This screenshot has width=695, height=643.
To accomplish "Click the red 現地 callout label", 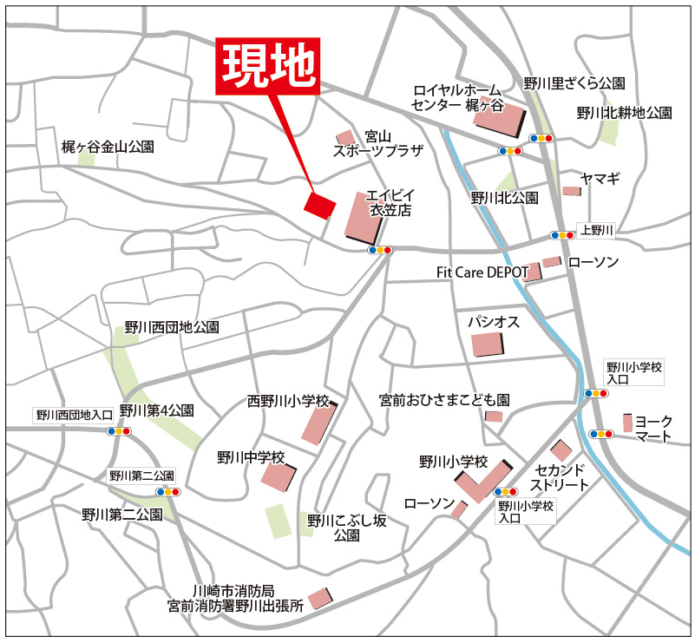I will tap(269, 67).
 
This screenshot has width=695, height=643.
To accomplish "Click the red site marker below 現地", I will tap(319, 205).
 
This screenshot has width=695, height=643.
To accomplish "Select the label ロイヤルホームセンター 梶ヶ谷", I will tap(457, 97).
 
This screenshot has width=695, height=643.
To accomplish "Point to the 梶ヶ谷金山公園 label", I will tap(107, 148).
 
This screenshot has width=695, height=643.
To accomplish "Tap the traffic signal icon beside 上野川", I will tap(562, 235).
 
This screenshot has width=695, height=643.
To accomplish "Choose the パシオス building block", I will tap(487, 344).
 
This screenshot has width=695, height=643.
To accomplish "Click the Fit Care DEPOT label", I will tap(482, 272).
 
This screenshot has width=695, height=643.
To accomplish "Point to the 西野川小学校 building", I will tap(318, 424).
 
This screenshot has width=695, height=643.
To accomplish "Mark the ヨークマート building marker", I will tap(627, 423).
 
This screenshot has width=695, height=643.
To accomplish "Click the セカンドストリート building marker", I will tap(561, 450).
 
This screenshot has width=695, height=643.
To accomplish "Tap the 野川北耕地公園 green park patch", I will tap(610, 131).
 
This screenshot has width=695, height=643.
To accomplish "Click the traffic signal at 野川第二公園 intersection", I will tap(168, 492).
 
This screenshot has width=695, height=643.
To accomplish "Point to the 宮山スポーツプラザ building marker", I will tap(345, 137).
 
